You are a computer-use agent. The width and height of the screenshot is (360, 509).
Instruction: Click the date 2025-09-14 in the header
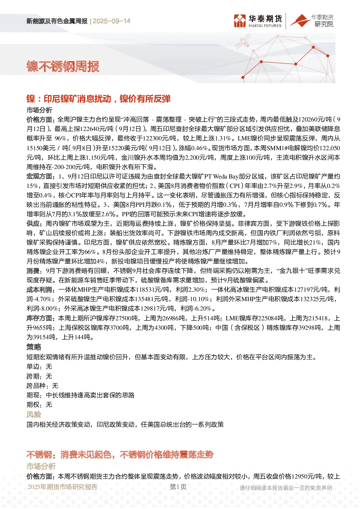pyautogui.click(x=111, y=21)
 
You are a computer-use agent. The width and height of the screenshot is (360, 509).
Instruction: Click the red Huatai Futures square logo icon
pyautogui.click(x=240, y=21)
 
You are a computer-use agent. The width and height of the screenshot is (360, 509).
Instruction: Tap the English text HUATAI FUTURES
pyautogui.click(x=265, y=26)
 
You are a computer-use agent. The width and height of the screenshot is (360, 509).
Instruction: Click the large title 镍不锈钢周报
pyautogui.click(x=63, y=66)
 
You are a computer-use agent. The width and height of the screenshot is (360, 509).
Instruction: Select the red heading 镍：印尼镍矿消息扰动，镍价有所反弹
pyautogui.click(x=98, y=99)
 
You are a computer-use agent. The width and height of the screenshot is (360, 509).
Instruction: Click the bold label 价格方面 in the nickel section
pyautogui.click(x=40, y=119)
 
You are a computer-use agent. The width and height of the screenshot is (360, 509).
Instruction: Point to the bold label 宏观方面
pyautogui.click(x=40, y=176)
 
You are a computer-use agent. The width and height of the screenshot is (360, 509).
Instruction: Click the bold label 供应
pyautogui.click(x=33, y=223)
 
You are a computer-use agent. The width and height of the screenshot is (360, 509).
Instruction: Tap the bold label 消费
pyautogui.click(x=33, y=271)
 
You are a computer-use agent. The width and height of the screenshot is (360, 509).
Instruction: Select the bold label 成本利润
pyautogui.click(x=40, y=290)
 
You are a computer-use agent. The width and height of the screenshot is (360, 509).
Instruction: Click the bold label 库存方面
pyautogui.click(x=40, y=318)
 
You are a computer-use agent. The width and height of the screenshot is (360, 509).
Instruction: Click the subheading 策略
pyautogui.click(x=34, y=347)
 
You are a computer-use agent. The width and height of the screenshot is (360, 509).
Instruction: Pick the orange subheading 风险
pyautogui.click(x=34, y=414)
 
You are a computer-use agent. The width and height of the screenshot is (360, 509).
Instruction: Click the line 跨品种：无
pyautogui.click(x=42, y=386)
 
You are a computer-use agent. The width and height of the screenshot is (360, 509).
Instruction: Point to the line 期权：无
pyautogui.click(x=39, y=405)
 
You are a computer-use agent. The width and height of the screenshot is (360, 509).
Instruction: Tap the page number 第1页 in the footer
pyautogui.click(x=178, y=487)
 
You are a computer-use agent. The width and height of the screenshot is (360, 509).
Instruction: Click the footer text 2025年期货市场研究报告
pyautogui.click(x=62, y=487)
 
